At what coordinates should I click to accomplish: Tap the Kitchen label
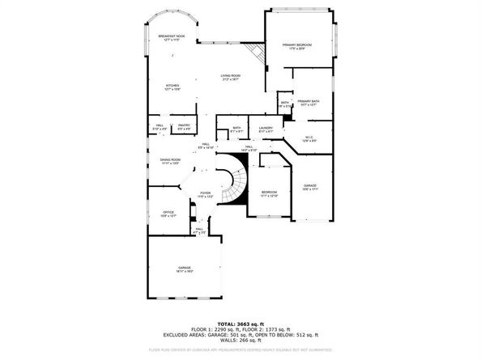click(173, 87)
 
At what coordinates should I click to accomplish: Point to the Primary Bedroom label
click(296, 45)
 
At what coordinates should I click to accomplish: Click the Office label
click(168, 214)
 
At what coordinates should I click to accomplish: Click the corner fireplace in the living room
click(258, 50)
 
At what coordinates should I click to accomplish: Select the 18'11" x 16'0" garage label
click(185, 269)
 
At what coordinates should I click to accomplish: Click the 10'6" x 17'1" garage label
click(310, 187)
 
